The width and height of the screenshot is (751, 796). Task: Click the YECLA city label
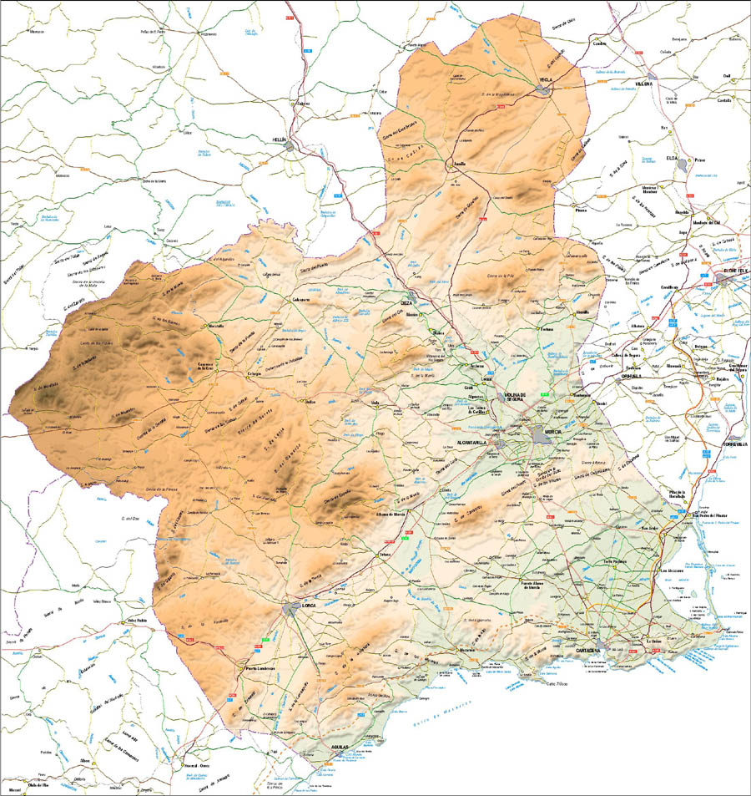(546, 79)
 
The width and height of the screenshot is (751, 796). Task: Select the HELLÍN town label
(279, 139)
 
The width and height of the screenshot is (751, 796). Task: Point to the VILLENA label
(643, 84)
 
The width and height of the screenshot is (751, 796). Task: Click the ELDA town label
(672, 157)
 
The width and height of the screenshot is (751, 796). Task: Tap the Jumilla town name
(459, 164)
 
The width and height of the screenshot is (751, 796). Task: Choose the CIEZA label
(407, 302)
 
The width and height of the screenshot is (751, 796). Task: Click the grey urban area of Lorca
(293, 609)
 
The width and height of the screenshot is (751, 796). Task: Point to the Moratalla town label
(215, 325)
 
